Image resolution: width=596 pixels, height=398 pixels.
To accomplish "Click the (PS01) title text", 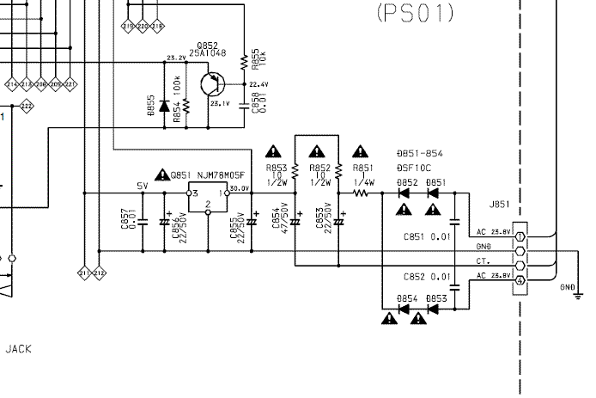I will [x=415, y=13].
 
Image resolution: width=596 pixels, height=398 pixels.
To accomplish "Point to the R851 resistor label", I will [x=362, y=168].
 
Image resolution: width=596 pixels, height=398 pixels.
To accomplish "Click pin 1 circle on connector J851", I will [x=520, y=235].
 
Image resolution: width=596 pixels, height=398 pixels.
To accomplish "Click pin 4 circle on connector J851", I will [x=520, y=281].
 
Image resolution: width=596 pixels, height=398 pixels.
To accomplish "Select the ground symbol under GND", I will [x=578, y=297].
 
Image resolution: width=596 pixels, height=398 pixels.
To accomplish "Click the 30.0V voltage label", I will [x=240, y=188].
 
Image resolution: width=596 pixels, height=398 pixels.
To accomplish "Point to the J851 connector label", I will [x=499, y=205].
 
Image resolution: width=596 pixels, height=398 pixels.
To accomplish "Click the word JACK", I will [x=19, y=349].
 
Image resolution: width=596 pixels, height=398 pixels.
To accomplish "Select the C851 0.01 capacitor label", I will [x=427, y=236].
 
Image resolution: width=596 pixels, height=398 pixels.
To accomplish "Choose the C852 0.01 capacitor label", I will [x=427, y=276].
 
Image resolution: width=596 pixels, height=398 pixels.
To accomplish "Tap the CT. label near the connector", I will [x=483, y=261].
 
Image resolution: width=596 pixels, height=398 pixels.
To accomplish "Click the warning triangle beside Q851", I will [x=163, y=175].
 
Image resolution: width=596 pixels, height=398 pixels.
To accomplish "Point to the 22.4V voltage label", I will [x=257, y=84].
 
